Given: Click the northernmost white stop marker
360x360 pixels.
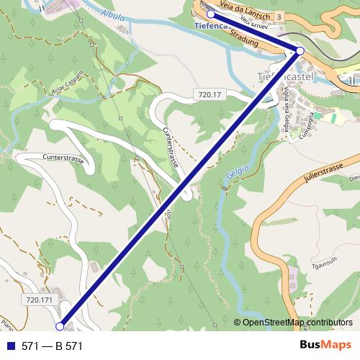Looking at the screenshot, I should coord(210,14).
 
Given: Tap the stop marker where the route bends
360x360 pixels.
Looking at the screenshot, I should coord(300,50).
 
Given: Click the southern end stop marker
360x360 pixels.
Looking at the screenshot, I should coord(60,326).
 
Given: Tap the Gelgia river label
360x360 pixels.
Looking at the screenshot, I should coord(238,175).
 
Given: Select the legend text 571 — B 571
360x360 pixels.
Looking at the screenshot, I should coord(52,346).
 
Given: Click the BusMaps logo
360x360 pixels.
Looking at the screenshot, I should coord(325,345).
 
